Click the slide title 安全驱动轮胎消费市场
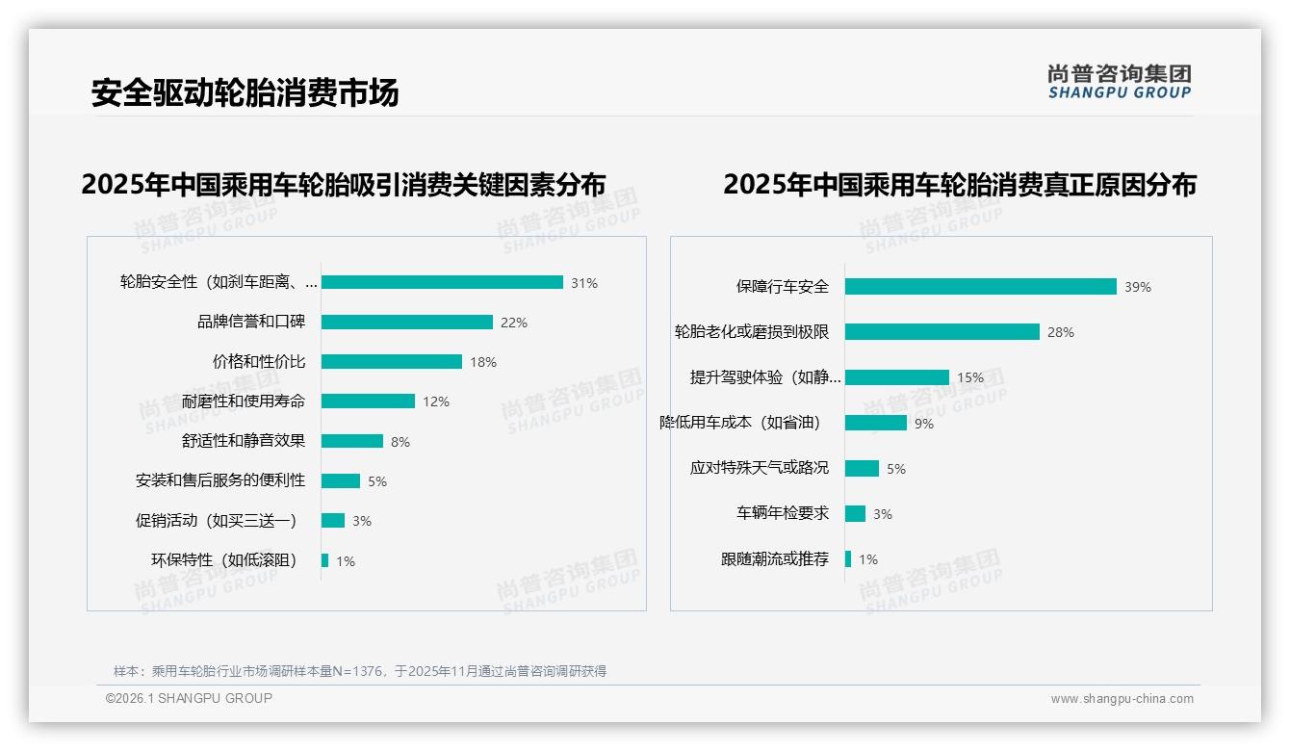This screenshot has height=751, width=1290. click(x=245, y=92)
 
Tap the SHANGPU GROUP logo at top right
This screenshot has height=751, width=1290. click(x=1120, y=82)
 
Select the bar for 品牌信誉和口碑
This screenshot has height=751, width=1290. click(x=406, y=323)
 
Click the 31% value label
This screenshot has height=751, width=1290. click(x=583, y=283)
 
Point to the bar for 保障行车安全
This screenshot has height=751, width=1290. click(x=980, y=287)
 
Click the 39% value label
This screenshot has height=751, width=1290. click(x=1137, y=287)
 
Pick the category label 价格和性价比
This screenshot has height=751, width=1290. click(x=259, y=362)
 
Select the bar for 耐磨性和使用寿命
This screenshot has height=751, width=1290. click(x=368, y=401)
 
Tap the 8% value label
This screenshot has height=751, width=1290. click(x=400, y=442)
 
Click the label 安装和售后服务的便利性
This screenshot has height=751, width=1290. click(x=220, y=480)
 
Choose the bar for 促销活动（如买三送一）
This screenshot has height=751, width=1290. click(x=333, y=521)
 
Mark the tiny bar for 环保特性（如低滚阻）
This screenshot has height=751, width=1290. click(x=325, y=560)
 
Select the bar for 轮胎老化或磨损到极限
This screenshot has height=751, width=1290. click(x=942, y=332)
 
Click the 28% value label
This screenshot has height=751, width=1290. click(x=1060, y=332)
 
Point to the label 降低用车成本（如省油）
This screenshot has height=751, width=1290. click(x=739, y=423)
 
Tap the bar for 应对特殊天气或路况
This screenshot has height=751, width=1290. click(x=862, y=469)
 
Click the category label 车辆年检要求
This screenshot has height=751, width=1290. click(x=782, y=513)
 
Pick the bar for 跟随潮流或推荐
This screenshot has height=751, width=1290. click(x=848, y=559)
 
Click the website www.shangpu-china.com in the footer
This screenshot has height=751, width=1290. click(x=1122, y=699)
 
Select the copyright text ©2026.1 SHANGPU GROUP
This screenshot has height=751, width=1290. click(x=189, y=698)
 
